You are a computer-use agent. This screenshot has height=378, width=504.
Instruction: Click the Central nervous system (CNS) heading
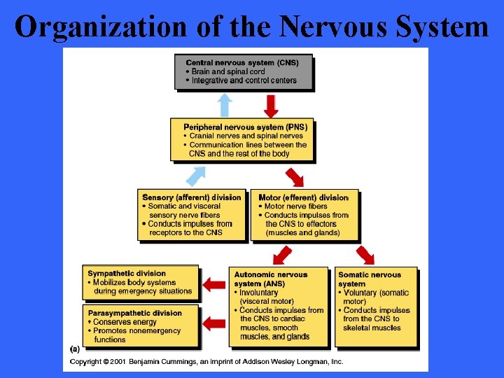(x=242, y=62)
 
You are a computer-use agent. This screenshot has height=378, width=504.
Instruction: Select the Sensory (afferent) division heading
(x=191, y=197)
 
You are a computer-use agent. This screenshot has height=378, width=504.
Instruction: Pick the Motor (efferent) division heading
(x=303, y=197)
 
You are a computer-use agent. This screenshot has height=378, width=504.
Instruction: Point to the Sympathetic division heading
(x=127, y=274)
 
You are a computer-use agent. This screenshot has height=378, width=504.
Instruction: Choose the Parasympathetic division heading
(x=134, y=313)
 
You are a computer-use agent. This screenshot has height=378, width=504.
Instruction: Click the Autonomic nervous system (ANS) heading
(x=270, y=279)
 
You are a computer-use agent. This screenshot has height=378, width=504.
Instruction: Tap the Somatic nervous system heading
(x=370, y=279)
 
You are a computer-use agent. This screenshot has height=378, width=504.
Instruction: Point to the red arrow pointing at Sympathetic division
(x=214, y=283)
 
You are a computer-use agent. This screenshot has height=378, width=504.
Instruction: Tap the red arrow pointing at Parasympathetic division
(x=214, y=322)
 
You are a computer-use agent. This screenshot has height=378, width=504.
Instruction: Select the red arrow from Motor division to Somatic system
(x=365, y=255)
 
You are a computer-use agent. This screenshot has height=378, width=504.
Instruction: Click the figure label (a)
(x=75, y=347)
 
